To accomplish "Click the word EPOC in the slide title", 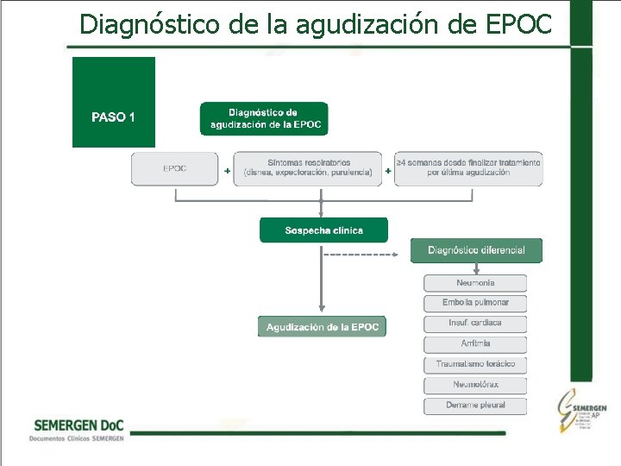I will (518, 24).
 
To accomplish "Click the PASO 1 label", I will (113, 117).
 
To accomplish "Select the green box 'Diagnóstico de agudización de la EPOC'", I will (264, 119).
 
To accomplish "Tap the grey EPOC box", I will (175, 168).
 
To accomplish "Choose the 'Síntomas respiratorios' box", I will (308, 168).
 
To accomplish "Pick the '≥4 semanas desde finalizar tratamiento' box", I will (468, 168).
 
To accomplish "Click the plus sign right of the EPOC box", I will (227, 171).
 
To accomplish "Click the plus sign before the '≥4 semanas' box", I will (387, 171).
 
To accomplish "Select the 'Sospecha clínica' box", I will (323, 230).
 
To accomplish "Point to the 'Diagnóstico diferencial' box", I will (475, 250).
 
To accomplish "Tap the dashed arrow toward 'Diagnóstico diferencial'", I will (359, 255).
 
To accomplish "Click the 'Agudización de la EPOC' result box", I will (322, 327).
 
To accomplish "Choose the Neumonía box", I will (475, 283).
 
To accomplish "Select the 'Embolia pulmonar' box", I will (475, 303).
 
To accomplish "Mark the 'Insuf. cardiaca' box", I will (475, 324).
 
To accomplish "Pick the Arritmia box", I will (475, 343).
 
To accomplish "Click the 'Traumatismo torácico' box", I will (475, 364).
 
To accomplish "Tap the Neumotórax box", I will (475, 385).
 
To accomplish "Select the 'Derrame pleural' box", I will (475, 406).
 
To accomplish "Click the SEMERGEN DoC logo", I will (78, 430).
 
